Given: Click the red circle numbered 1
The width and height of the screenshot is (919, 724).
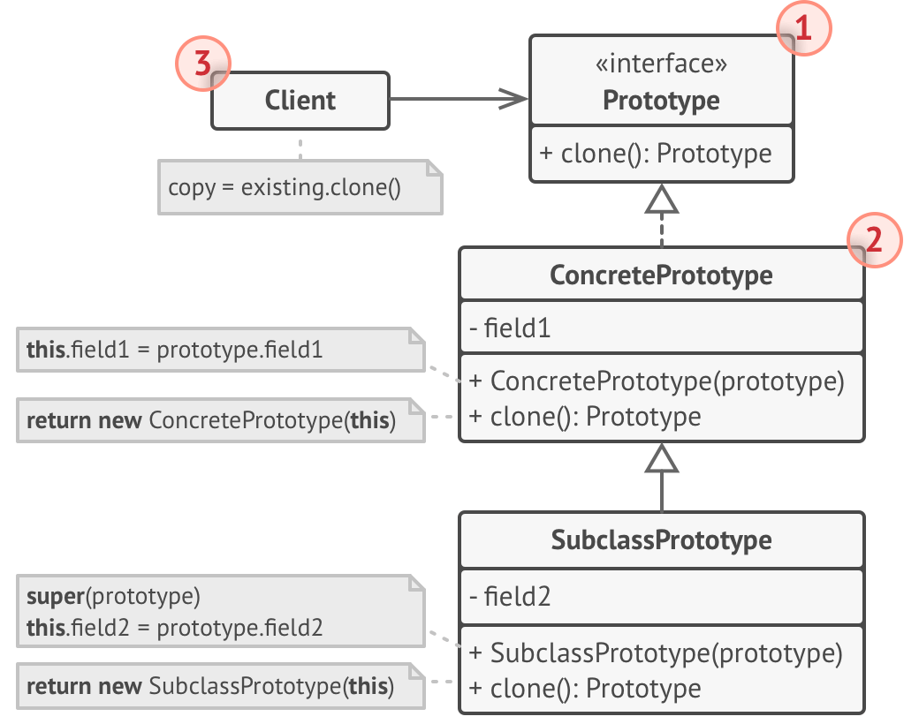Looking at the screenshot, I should click(804, 29).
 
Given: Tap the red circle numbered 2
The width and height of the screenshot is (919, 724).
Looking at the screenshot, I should click(875, 240).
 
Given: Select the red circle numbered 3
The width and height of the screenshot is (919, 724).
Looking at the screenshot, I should click(202, 64).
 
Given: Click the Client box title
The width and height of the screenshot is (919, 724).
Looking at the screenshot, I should click(300, 100).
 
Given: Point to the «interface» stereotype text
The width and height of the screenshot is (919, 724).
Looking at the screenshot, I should click(661, 64).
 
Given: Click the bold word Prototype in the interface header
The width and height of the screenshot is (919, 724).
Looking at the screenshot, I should click(661, 100).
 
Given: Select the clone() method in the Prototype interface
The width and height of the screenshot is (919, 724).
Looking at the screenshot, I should click(655, 153).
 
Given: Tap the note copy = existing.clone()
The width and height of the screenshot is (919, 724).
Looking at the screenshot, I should click(285, 187).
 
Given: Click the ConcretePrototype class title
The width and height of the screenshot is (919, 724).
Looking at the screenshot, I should click(661, 275).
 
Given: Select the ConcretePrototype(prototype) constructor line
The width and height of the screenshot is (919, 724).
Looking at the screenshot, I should click(657, 381).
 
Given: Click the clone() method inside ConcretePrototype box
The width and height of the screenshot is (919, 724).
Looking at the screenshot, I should click(585, 416).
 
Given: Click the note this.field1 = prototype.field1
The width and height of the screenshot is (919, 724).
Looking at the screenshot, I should click(174, 350).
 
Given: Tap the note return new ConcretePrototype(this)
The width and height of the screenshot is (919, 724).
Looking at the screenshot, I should click(211, 420).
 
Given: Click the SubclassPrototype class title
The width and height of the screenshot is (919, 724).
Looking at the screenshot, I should click(661, 539).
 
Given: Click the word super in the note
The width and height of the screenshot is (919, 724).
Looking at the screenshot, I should click(55, 596).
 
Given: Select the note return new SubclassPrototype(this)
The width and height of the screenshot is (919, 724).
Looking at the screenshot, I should click(210, 686).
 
